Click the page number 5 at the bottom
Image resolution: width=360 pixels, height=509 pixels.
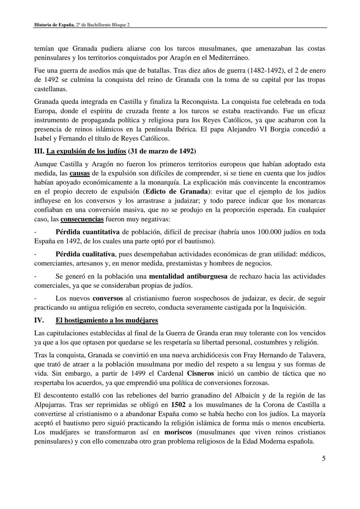tap(323, 459)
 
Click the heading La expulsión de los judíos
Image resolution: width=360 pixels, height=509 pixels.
tap(86, 151)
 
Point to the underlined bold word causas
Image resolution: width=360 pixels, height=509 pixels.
tap(80, 173)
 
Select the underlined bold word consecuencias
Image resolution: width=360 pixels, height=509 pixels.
tap(82, 219)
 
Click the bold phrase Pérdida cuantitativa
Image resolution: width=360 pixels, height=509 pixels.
tap(87, 232)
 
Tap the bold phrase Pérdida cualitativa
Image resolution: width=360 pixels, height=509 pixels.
tap(85, 254)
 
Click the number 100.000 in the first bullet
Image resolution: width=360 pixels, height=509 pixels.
tap(270, 232)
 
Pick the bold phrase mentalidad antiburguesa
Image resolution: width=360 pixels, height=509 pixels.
tap(188, 276)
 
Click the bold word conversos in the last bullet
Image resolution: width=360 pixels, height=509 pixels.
tap(107, 298)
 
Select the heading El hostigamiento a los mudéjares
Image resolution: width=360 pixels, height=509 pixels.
tap(107, 320)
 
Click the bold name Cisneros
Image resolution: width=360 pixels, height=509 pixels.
tap(200, 374)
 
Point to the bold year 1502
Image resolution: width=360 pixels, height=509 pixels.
tap(178, 405)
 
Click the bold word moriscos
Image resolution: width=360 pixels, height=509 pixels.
tap(178, 432)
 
